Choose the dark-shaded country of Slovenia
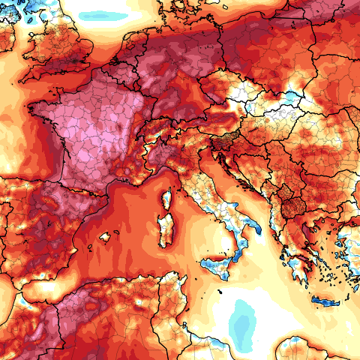pyautogui.click(x=223, y=139)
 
